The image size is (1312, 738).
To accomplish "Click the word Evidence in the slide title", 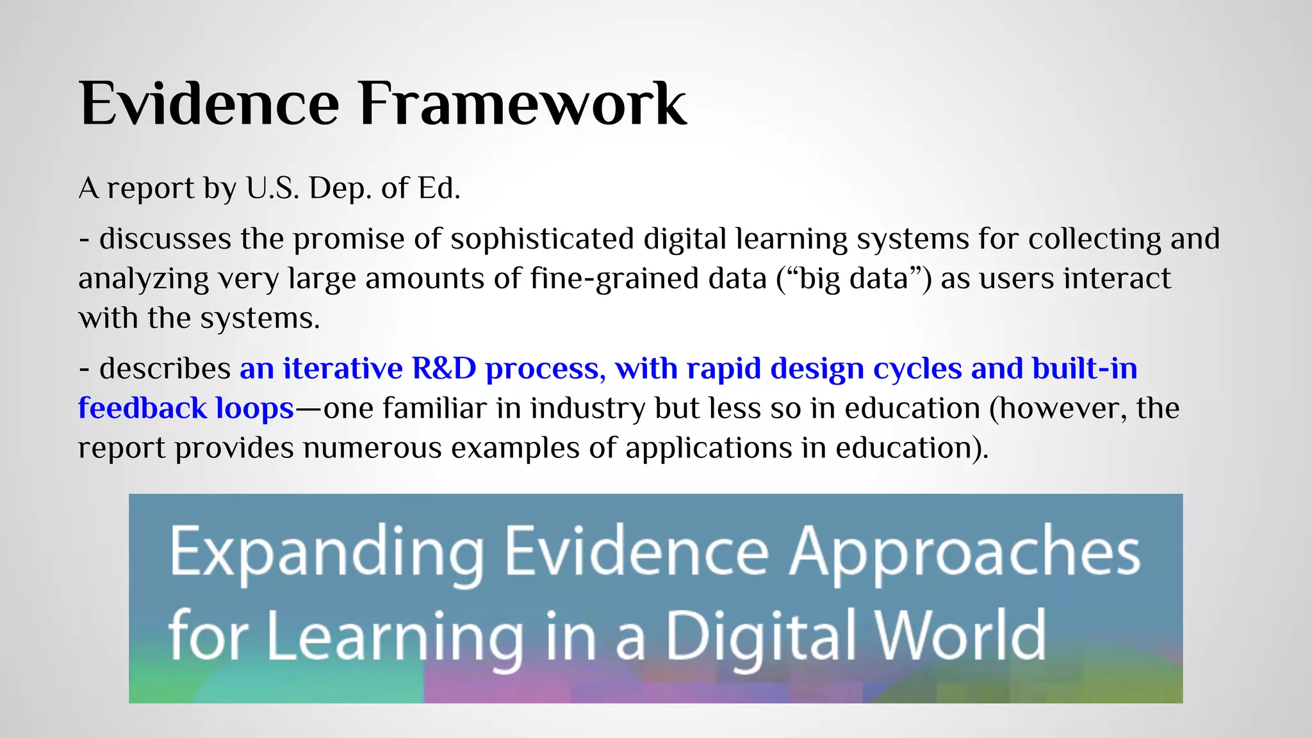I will [x=209, y=104].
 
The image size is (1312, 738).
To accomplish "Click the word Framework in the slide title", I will [x=522, y=104].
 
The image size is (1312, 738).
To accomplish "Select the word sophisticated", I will [x=542, y=240].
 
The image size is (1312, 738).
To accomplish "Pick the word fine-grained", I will [x=648, y=279].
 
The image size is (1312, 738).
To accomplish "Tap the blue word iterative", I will [x=342, y=369].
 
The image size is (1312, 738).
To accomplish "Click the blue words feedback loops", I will [x=186, y=409].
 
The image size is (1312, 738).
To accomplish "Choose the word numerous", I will [x=372, y=448].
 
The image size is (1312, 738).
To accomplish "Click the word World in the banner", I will [x=960, y=635].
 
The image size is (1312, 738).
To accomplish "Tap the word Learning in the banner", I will [x=395, y=635].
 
